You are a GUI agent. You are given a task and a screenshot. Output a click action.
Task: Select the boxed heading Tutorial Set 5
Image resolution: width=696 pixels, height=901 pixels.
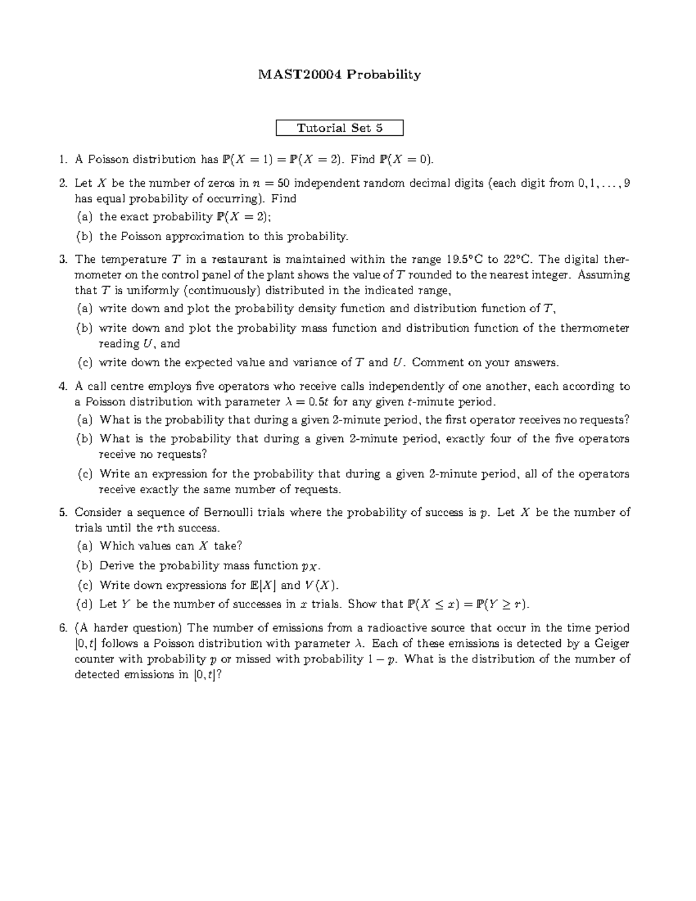coord(339,128)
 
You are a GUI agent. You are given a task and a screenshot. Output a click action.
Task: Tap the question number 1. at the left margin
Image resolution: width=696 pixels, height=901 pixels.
coord(63,160)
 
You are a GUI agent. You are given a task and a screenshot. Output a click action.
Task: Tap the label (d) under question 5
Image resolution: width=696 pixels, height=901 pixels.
coord(85,605)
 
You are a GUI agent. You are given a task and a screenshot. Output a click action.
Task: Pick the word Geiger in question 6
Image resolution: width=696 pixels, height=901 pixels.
coord(613,643)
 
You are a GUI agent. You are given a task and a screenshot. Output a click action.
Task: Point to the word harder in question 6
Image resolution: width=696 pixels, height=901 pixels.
coord(112,628)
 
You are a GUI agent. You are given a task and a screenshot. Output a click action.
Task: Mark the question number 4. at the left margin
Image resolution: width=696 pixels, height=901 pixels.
coord(63,386)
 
